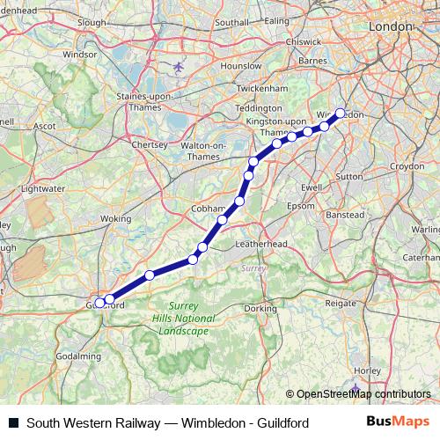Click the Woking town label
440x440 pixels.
click(x=115, y=217)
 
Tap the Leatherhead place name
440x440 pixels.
click(x=260, y=243)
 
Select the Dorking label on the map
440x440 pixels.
click(x=260, y=309)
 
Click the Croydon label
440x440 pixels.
click(x=407, y=165)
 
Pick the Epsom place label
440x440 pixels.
click(x=300, y=206)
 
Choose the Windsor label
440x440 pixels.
click(x=80, y=54)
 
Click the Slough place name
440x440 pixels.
click(x=92, y=22)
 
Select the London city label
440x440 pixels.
click(x=392, y=27)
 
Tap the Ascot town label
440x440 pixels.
click(x=45, y=126)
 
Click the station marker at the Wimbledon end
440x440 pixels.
click(x=341, y=113)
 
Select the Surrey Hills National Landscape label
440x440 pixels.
click(x=184, y=319)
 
